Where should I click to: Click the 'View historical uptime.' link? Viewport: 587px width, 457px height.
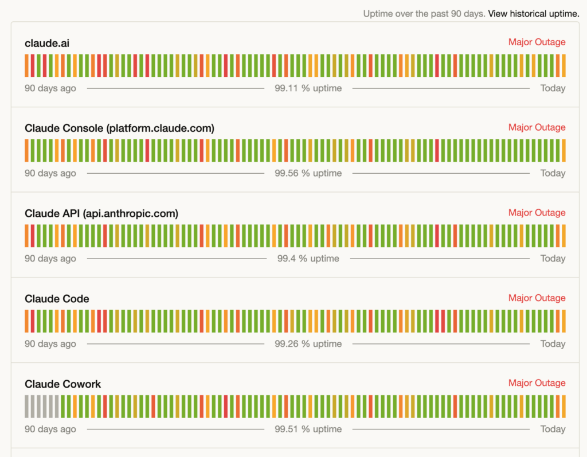tap(534, 14)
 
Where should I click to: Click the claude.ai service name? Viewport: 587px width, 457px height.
tap(47, 43)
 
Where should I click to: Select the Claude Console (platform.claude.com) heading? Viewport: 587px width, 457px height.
tap(119, 128)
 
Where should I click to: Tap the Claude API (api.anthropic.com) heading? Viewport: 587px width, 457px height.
tap(101, 213)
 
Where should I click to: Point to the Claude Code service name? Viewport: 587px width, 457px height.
tap(57, 299)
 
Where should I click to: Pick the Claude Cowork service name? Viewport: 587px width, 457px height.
tap(63, 384)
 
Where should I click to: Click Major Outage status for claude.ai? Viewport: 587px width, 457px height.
tap(537, 42)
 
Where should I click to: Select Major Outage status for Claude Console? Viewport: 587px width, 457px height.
tap(537, 127)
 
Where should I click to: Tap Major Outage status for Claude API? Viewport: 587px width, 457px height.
tap(537, 212)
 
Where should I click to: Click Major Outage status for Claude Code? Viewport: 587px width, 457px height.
tap(537, 298)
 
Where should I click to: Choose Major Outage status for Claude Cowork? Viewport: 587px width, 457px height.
tap(537, 383)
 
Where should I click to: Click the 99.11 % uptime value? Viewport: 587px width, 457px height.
tap(308, 88)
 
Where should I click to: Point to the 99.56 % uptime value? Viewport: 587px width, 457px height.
tap(308, 173)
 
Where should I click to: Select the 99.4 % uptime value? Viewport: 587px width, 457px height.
tap(308, 259)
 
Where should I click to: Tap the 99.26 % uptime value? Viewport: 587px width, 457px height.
tap(308, 343)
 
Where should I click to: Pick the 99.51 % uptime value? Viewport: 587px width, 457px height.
tap(308, 429)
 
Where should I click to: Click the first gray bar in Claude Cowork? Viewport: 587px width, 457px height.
tap(26, 407)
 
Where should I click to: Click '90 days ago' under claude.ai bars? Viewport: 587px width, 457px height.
tap(50, 88)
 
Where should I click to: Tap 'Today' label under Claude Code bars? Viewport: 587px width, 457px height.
tap(553, 343)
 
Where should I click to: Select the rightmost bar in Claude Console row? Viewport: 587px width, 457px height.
tap(564, 151)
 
